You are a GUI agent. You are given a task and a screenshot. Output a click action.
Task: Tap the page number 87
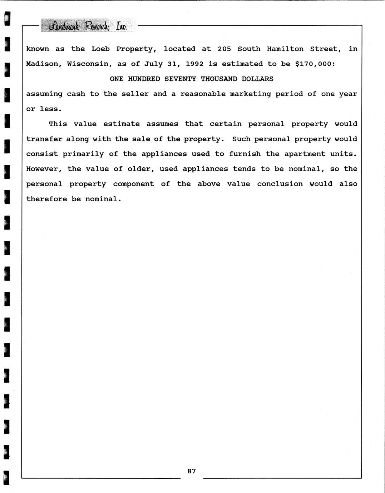[x=192, y=471]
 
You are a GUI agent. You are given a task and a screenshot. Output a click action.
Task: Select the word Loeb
[x=100, y=49]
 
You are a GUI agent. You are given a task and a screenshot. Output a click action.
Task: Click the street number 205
[x=224, y=49]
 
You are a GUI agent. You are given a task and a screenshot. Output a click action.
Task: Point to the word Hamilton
[x=285, y=49]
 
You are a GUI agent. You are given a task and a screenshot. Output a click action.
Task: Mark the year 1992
[x=194, y=64]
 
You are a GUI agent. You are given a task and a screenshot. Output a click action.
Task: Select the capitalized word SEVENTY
[x=180, y=79]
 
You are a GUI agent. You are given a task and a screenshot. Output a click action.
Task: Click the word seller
[x=135, y=94]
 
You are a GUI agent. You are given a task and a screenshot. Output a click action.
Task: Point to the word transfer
[x=44, y=139]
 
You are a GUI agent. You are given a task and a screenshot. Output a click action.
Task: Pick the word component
[x=133, y=184]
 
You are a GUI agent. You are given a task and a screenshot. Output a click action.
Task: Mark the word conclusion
[x=280, y=184]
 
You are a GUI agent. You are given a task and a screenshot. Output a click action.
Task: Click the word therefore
[x=46, y=199]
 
